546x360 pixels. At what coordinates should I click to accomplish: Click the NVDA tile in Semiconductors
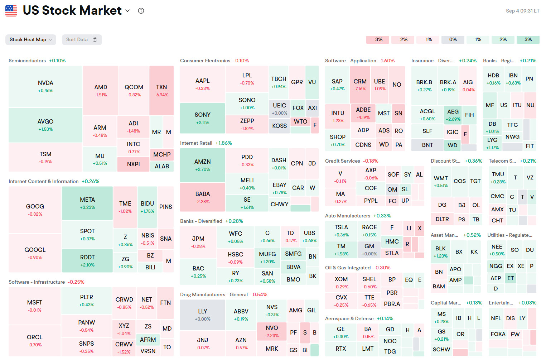[x=45, y=86]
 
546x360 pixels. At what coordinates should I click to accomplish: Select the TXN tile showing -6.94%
[x=161, y=90]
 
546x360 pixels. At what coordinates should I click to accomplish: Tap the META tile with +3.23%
[x=87, y=203]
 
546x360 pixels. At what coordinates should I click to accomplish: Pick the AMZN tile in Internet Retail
[x=203, y=165]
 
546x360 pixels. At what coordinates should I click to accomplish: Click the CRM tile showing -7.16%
[x=360, y=85]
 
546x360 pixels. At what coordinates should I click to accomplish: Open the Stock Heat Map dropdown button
[x=31, y=40]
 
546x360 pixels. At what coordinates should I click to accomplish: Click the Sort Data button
[x=82, y=40]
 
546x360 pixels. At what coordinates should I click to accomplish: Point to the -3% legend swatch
[x=378, y=40]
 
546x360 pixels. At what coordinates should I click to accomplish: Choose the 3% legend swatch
[x=528, y=40]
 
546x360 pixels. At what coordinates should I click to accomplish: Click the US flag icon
[x=11, y=11]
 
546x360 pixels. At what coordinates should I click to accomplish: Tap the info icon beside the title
[x=141, y=11]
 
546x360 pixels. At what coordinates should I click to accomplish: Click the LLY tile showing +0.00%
[x=203, y=315]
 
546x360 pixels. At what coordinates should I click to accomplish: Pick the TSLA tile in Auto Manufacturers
[x=341, y=230]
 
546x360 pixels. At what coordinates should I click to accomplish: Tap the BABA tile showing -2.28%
[x=203, y=197]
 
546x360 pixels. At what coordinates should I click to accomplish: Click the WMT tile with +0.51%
[x=441, y=181]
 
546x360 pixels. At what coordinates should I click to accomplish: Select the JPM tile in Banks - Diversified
[x=198, y=242]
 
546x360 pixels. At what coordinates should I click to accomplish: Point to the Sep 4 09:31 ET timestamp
[x=522, y=11]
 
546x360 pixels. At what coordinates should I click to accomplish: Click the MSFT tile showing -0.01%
[x=35, y=306]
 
